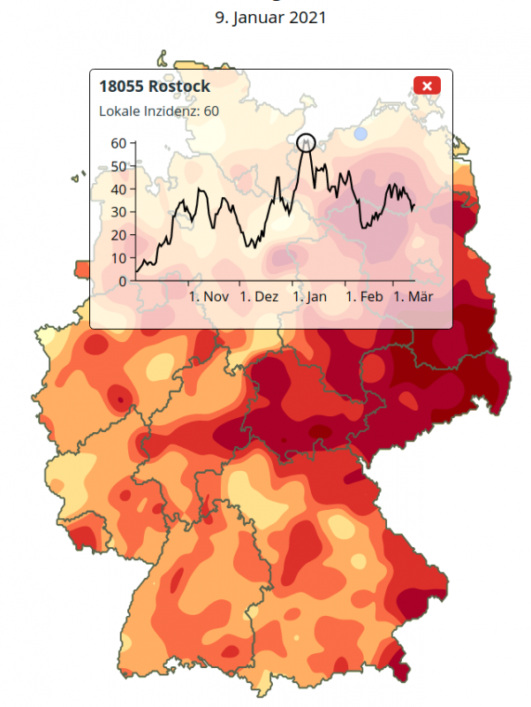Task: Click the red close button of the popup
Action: tap(427, 86)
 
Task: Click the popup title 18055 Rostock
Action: tap(155, 87)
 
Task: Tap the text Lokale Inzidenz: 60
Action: tap(159, 111)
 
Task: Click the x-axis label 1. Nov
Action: tap(209, 297)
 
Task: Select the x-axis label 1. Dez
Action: tap(259, 297)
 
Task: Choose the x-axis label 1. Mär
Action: tap(413, 297)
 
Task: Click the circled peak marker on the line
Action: tap(307, 142)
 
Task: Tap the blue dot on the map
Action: tap(360, 134)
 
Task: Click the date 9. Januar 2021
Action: tap(265, 17)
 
